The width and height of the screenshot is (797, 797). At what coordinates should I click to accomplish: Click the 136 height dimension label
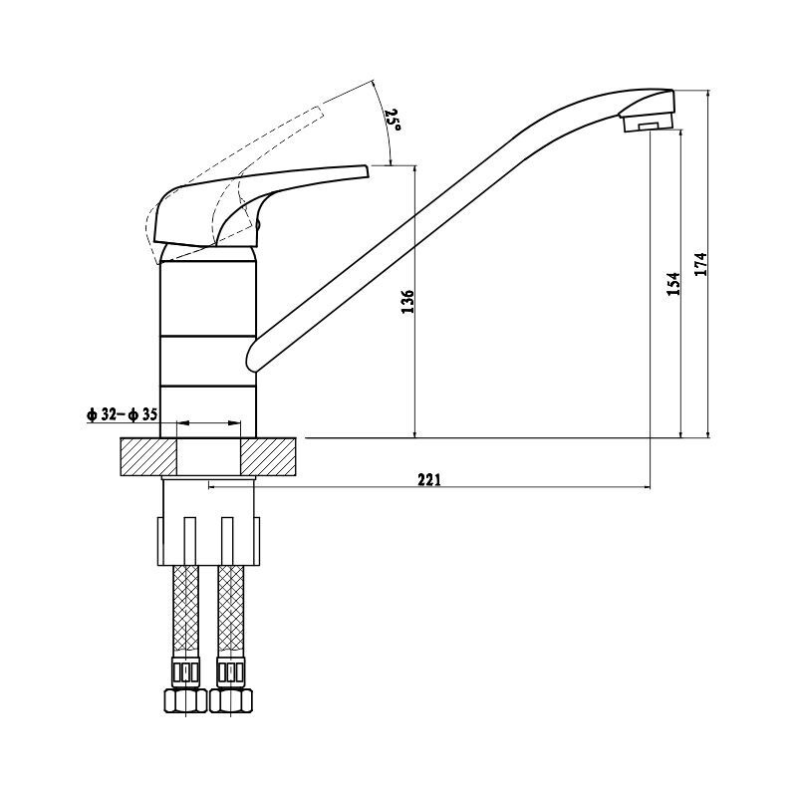(407, 302)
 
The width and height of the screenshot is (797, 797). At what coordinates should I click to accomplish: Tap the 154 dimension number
(673, 284)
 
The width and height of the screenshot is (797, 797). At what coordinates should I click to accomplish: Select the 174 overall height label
(701, 264)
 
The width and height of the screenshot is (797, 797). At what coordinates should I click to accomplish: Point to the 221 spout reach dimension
(429, 479)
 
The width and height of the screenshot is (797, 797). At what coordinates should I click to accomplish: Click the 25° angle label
(393, 119)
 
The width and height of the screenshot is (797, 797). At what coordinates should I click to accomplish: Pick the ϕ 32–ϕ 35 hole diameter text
(122, 414)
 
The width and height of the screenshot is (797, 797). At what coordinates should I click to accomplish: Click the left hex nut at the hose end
(185, 700)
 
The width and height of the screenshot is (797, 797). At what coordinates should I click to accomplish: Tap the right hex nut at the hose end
(231, 700)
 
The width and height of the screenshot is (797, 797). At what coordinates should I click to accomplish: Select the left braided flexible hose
(186, 611)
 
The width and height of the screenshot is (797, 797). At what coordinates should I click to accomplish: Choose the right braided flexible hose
(231, 611)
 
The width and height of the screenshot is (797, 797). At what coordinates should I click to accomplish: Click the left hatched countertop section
(148, 456)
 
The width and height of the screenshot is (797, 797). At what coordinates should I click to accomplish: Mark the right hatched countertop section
(268, 456)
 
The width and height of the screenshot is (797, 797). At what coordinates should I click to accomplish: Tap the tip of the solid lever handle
(366, 170)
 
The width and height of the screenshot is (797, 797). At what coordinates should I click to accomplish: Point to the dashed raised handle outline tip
(319, 113)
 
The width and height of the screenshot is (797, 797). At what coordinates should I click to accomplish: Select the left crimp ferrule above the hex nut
(186, 671)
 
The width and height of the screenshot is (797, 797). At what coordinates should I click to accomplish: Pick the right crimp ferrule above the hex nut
(231, 671)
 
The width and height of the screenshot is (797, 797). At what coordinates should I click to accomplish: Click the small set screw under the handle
(258, 224)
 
